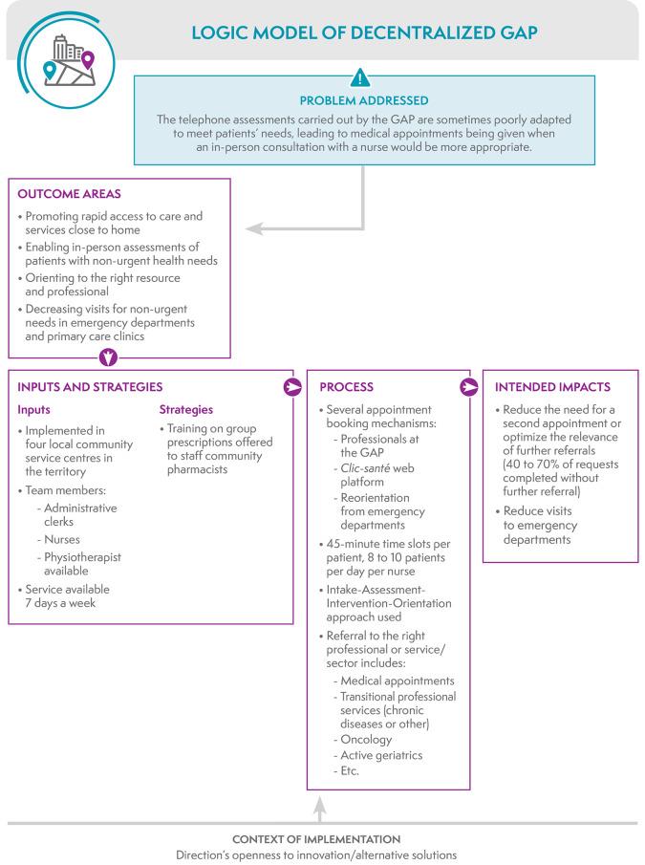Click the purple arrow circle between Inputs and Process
(292, 388)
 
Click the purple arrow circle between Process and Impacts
(469, 388)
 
